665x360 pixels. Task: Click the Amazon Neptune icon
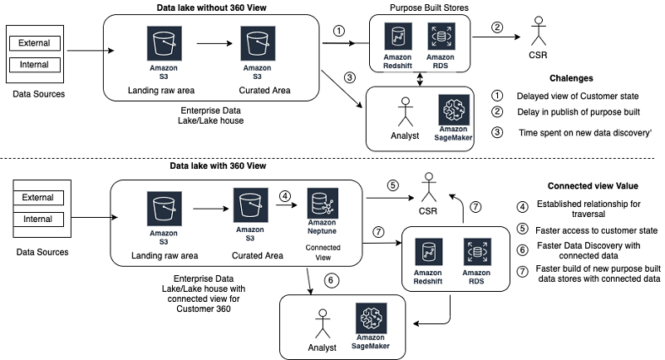pos(322,204)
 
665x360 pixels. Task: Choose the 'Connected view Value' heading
pos(588,185)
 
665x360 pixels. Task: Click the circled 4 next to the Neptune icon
pos(284,196)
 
